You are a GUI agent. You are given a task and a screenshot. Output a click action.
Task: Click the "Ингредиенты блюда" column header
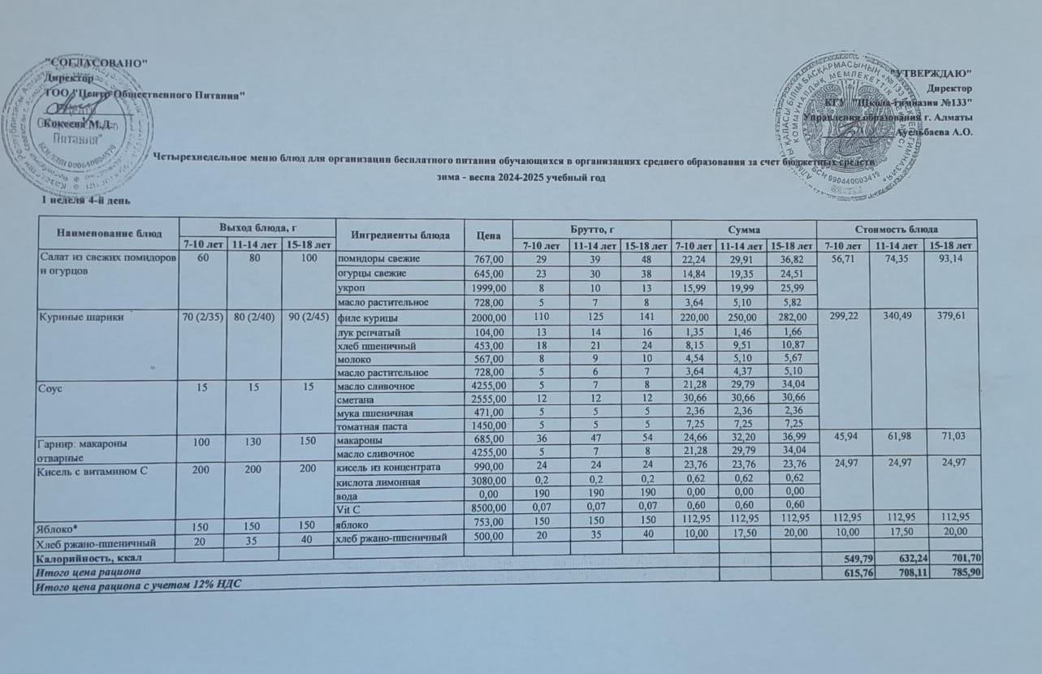coord(401,235)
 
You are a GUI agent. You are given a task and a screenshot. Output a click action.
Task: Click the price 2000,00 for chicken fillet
coord(488,318)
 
